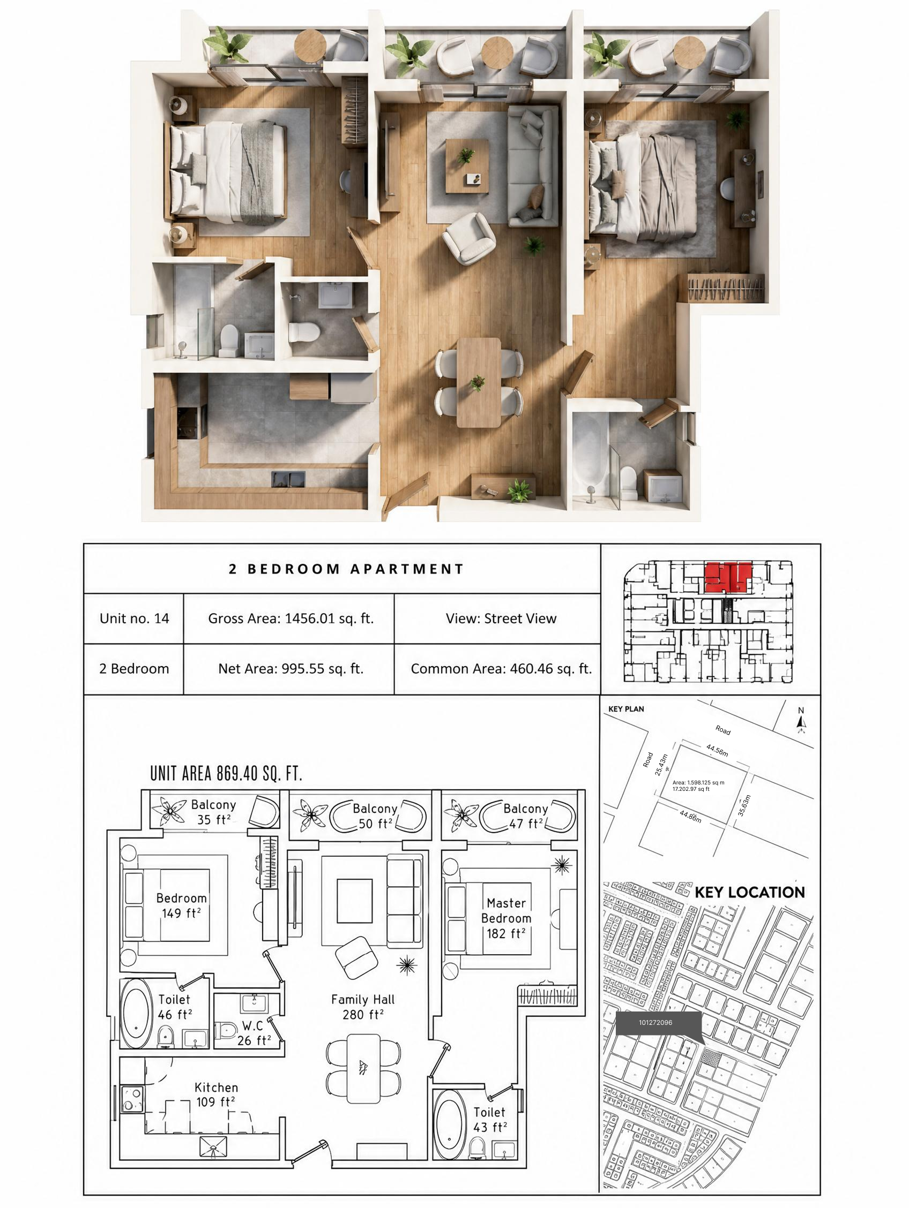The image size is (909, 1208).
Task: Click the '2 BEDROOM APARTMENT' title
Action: [346, 569]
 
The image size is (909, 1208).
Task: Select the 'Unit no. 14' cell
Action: [134, 618]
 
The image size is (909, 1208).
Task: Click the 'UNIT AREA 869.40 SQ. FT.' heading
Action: [226, 773]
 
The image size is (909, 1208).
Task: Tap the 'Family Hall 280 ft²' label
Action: [362, 1007]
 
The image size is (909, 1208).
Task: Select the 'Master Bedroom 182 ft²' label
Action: [506, 918]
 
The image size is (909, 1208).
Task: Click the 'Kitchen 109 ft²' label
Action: [216, 1095]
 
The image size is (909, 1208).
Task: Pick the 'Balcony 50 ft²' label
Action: [375, 816]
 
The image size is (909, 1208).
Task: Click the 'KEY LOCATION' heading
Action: [749, 893]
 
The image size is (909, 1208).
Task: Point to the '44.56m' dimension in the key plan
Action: [717, 750]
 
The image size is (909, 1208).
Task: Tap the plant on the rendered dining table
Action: [477, 382]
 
